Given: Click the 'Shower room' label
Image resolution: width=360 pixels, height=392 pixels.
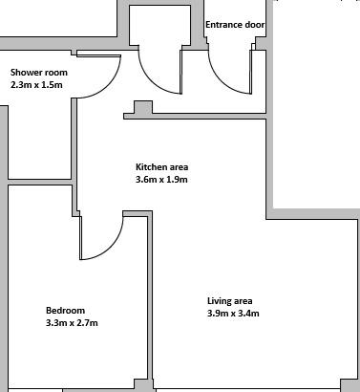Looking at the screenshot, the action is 39,73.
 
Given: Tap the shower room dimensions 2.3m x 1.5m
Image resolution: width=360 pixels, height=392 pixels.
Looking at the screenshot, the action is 36,85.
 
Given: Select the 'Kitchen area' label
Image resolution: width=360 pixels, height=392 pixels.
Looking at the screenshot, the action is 162,167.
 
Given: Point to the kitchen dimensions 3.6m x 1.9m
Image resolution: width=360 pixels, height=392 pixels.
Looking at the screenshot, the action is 161,180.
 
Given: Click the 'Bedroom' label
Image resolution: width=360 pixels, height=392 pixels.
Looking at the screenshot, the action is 66,311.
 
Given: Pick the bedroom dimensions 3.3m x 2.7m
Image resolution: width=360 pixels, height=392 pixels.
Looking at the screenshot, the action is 72,323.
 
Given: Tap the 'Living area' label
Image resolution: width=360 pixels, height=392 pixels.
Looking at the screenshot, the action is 230,301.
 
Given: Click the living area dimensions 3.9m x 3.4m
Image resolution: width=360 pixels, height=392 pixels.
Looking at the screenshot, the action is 233,314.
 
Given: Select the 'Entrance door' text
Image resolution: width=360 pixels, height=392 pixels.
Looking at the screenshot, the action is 235,25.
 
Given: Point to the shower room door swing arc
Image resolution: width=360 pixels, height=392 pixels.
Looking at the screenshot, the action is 110,85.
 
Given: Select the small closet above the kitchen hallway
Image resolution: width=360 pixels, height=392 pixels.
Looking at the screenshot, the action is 160,26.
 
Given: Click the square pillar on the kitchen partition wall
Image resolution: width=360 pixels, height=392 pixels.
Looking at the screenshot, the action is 143,107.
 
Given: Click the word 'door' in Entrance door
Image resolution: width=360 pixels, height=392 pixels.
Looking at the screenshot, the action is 255,25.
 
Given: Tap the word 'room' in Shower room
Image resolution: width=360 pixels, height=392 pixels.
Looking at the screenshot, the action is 56,73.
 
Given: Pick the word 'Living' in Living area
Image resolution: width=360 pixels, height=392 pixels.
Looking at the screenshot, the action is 219,301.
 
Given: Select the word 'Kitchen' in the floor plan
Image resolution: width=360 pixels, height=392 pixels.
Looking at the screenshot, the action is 151,167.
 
